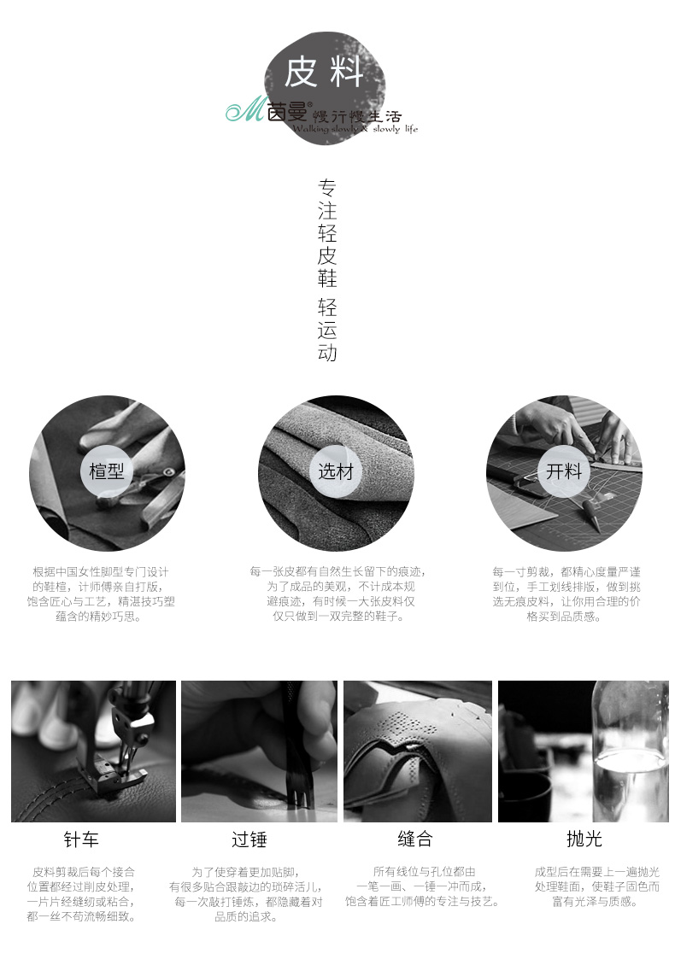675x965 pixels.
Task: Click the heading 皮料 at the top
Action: (323, 73)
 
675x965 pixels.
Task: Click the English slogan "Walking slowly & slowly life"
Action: (355, 129)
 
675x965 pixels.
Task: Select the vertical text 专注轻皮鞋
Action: (327, 233)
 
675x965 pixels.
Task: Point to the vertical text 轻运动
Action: (327, 330)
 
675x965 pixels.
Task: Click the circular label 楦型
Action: (107, 471)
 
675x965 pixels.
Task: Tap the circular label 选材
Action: (336, 471)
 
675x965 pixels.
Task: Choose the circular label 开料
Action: (564, 471)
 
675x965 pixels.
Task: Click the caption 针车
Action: (80, 839)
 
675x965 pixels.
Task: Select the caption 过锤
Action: (249, 839)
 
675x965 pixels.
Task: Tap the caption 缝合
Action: (415, 839)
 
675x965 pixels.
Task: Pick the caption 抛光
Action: (584, 839)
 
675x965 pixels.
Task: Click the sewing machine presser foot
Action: (117, 775)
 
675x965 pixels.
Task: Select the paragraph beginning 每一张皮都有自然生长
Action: (337, 594)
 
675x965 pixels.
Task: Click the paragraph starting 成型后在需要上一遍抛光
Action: (596, 886)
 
